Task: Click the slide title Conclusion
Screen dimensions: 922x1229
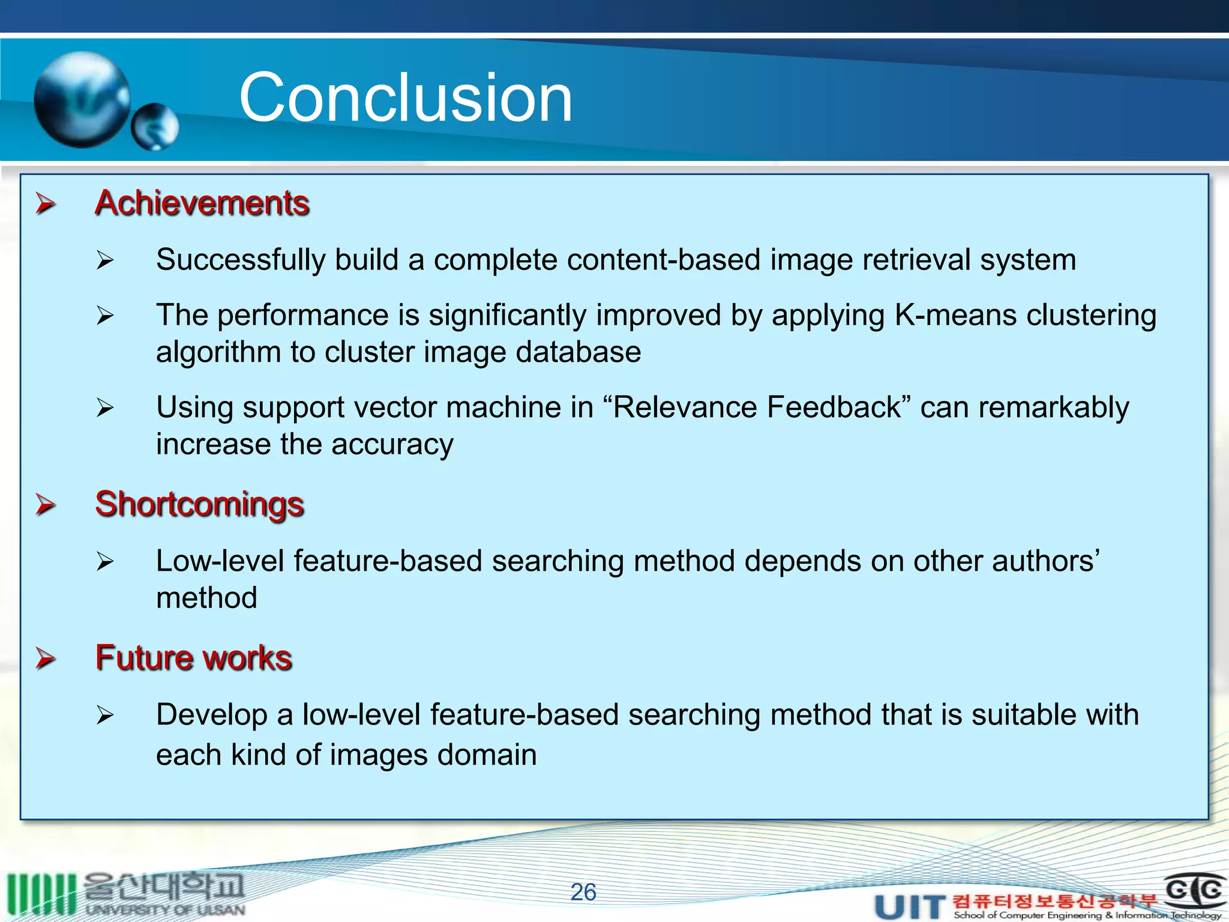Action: click(x=406, y=98)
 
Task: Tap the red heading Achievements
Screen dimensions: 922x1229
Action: click(x=202, y=203)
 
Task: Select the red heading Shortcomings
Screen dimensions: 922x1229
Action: click(x=199, y=504)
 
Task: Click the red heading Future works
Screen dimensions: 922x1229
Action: click(x=193, y=658)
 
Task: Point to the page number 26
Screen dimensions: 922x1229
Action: click(x=583, y=892)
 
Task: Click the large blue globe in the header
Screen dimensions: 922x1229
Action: click(x=82, y=100)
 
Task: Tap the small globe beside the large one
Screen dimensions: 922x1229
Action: click(x=155, y=127)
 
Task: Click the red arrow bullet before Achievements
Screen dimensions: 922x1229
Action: click(x=46, y=203)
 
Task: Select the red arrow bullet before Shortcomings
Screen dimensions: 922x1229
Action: click(x=46, y=504)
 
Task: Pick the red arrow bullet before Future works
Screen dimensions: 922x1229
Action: click(x=46, y=658)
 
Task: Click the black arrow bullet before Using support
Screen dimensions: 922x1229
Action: click(x=105, y=408)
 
